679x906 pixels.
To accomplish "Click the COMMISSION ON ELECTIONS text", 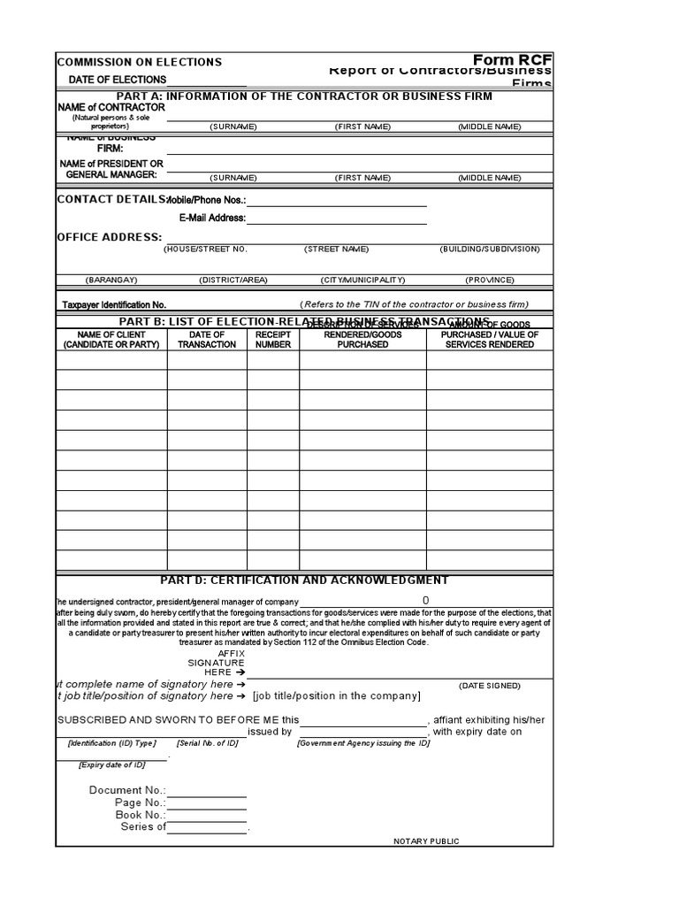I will click(x=140, y=62).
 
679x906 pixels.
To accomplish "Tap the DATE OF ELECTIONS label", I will click(x=118, y=80).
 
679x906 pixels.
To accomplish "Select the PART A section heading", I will click(x=304, y=96).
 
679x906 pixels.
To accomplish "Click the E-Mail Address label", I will click(x=212, y=218).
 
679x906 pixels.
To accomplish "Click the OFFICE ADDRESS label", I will click(x=110, y=237).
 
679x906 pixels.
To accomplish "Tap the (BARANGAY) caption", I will click(x=111, y=280).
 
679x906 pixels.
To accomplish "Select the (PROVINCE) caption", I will click(x=490, y=280).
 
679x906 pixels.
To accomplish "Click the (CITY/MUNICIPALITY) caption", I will click(x=363, y=280).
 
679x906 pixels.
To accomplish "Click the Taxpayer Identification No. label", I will click(x=114, y=304).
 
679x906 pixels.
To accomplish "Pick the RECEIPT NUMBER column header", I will click(x=273, y=340).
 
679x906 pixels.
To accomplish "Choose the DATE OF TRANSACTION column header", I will click(x=207, y=340).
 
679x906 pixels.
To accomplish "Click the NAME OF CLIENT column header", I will click(x=111, y=340).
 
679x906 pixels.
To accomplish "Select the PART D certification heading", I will click(x=304, y=580).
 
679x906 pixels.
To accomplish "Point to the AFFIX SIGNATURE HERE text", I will click(x=216, y=663).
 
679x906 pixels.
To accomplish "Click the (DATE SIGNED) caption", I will click(x=489, y=686).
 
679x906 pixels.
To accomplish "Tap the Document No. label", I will click(x=127, y=790).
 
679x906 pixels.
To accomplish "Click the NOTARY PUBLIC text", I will click(x=426, y=841).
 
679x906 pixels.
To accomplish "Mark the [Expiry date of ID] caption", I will click(x=111, y=764).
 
